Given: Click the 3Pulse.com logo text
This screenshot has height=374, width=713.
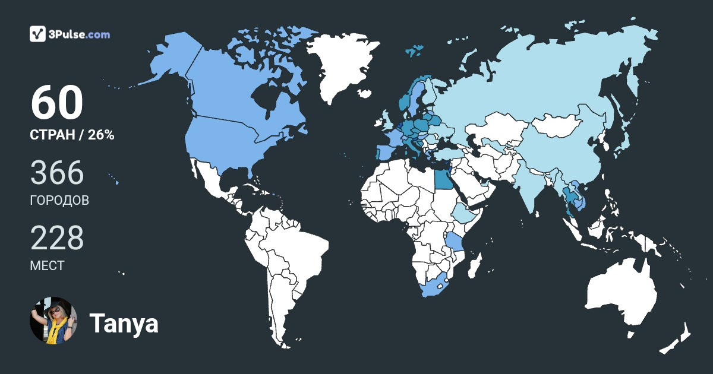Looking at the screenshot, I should (x=80, y=34).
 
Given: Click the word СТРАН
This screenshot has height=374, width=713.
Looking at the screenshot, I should (x=52, y=135).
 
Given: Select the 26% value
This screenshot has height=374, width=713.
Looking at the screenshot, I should (x=101, y=135).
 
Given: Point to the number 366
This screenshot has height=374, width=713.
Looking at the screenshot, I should (x=57, y=173).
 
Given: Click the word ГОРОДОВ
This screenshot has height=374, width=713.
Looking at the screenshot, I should (x=59, y=201).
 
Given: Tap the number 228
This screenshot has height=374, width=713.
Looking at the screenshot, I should (x=57, y=239).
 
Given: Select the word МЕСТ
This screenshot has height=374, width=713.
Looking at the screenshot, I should (x=47, y=266).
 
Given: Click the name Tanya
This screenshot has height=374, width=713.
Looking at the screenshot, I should (x=124, y=324).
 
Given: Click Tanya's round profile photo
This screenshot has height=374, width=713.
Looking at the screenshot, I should (x=53, y=321).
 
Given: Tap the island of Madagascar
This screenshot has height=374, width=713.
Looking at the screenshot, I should (x=474, y=265).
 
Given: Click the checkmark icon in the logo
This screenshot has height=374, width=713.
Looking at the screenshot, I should (x=38, y=34).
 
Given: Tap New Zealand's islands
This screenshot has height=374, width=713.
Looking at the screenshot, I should (x=677, y=338).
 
